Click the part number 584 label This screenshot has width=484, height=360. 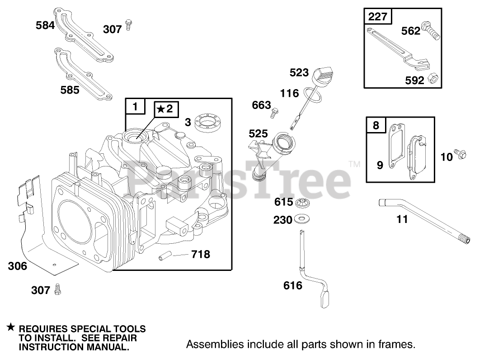(45, 25)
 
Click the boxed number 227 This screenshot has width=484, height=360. (378, 17)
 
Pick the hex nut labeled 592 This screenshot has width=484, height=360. (432, 79)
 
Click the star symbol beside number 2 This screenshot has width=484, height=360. (161, 109)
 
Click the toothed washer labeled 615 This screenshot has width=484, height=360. (300, 203)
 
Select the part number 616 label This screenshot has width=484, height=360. (292, 286)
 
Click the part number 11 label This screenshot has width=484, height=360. (402, 219)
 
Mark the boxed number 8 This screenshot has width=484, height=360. (376, 124)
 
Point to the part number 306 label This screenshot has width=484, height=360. (17, 266)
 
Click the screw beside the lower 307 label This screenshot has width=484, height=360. (57, 289)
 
